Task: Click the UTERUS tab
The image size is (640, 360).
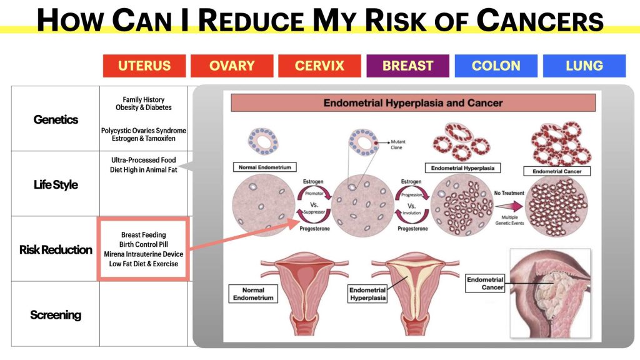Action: [x=144, y=66]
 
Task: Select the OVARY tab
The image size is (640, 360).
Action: [x=232, y=66]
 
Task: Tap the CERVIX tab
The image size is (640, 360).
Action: [x=319, y=66]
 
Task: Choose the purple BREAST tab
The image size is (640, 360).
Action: [x=407, y=66]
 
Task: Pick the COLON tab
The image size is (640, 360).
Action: [x=496, y=66]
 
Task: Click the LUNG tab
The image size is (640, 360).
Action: [x=584, y=66]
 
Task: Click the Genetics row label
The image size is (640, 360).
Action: [x=56, y=119]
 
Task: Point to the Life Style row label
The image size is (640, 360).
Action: [x=56, y=184]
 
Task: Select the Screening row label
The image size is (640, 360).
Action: [x=56, y=315]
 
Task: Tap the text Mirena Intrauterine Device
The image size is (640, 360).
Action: [x=144, y=254]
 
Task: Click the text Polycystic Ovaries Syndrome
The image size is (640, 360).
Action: [x=144, y=131]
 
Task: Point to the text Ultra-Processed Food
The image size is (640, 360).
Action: [x=144, y=160]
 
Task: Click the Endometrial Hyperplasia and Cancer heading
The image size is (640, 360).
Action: [x=413, y=103]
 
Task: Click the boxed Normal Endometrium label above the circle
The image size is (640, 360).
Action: [x=265, y=167]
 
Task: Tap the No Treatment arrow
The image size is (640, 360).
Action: [x=509, y=206]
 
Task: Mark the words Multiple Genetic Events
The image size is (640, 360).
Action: [x=509, y=220]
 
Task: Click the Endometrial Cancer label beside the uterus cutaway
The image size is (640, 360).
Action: [x=485, y=283]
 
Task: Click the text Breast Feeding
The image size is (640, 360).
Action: [x=144, y=235]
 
